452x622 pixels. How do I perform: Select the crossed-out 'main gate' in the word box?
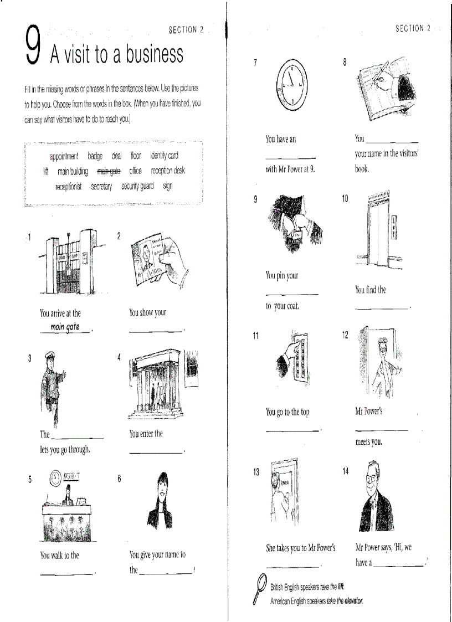[108, 171]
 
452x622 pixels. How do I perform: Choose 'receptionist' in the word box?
[68, 187]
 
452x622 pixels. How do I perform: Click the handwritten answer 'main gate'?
[65, 327]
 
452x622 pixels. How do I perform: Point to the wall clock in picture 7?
[291, 84]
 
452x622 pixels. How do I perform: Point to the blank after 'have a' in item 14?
[398, 566]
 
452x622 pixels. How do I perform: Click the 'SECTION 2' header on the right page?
[413, 28]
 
